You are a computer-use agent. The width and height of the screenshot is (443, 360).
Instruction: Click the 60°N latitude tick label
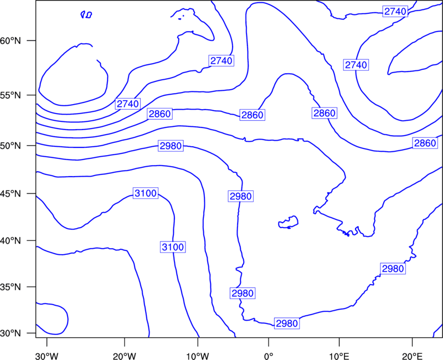(x=11, y=40)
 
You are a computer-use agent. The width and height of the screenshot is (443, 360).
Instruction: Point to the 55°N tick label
(x=11, y=95)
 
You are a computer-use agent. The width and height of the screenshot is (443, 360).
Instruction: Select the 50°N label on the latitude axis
(x=11, y=146)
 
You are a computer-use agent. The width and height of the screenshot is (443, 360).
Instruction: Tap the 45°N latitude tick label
(x=11, y=193)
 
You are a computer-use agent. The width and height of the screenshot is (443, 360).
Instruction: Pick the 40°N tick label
(x=11, y=241)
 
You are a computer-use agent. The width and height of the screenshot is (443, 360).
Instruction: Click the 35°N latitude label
(x=11, y=287)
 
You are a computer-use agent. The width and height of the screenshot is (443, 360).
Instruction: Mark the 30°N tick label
(x=11, y=333)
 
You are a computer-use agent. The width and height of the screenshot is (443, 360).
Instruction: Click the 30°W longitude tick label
(x=47, y=356)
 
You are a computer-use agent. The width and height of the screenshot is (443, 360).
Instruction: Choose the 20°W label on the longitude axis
(x=125, y=356)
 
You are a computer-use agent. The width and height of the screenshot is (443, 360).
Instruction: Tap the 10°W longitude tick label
(x=198, y=356)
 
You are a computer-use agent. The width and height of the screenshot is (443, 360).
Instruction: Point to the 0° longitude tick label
(x=269, y=356)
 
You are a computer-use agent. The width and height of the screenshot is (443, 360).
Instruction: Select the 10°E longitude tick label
(x=339, y=356)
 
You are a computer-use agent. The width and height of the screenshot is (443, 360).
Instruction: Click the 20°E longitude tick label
(x=412, y=356)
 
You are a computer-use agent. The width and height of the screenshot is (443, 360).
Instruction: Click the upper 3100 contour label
(x=146, y=193)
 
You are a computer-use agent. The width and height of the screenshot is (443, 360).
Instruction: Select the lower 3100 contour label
(x=173, y=247)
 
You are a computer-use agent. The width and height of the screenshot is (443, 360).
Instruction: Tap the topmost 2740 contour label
(x=395, y=11)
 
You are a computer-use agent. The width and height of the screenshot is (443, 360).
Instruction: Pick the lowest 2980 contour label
(x=287, y=323)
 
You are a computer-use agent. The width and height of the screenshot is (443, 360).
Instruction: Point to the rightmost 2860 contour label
(x=425, y=143)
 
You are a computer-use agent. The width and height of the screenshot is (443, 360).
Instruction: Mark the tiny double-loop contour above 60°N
(x=86, y=15)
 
